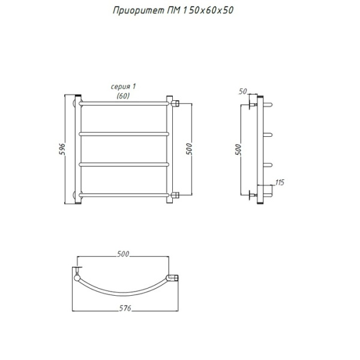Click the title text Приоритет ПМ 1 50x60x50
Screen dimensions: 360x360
click(x=173, y=11)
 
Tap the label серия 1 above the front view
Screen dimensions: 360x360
click(x=123, y=86)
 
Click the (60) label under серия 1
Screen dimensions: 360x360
click(x=123, y=96)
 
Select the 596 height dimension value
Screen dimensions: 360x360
click(x=62, y=149)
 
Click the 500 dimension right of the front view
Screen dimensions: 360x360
click(x=189, y=149)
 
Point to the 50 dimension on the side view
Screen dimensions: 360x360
click(x=242, y=91)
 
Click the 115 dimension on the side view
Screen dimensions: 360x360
click(x=280, y=182)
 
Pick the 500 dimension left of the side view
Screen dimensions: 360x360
click(x=239, y=149)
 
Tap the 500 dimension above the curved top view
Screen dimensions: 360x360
click(x=123, y=254)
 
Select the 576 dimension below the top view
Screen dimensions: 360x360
click(x=125, y=308)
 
